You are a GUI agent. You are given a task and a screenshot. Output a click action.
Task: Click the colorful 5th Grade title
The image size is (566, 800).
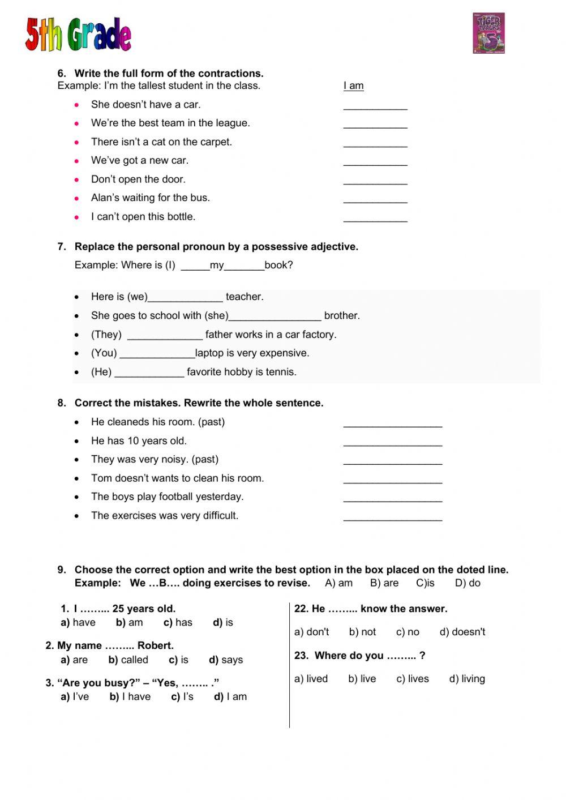(x=78, y=35)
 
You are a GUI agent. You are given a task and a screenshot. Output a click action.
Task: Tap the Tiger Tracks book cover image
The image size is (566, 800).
(x=488, y=33)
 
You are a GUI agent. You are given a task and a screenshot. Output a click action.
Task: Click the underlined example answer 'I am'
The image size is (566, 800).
(x=353, y=86)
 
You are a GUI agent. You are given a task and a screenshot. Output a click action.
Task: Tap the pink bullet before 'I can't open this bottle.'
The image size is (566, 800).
(x=77, y=217)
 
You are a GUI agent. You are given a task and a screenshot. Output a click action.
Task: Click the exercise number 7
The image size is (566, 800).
(x=62, y=247)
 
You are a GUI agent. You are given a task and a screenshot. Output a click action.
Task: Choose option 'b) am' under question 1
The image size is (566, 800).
(x=129, y=623)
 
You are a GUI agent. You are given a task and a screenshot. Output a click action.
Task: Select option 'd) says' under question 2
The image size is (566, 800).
(x=225, y=660)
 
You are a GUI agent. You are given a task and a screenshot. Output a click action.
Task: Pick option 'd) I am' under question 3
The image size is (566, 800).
(x=230, y=697)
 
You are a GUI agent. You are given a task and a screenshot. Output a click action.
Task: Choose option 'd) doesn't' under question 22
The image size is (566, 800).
(x=462, y=632)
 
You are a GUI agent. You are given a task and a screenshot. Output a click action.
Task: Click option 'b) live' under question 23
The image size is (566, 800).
(x=362, y=679)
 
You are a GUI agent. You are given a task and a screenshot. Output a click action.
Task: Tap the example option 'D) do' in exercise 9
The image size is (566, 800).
(x=468, y=583)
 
